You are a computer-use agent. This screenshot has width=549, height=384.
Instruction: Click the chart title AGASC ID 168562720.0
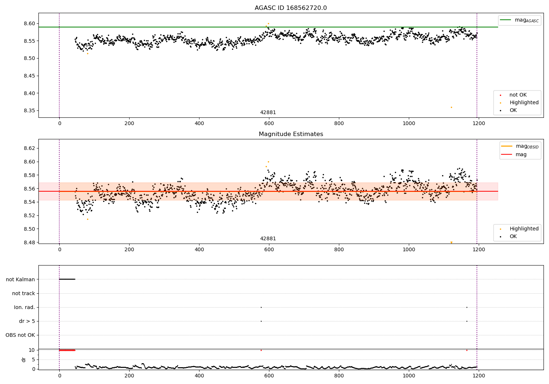(x=291, y=8)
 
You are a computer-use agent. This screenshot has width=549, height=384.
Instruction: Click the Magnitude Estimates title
(x=291, y=134)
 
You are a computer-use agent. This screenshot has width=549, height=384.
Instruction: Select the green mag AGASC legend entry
(x=520, y=20)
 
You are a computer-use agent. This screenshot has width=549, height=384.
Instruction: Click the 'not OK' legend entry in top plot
(x=518, y=95)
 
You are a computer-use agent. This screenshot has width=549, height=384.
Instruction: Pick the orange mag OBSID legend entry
(x=520, y=146)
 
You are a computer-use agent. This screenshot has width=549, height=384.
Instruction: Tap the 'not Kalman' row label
(x=20, y=279)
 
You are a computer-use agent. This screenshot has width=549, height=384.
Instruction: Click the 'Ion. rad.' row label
(x=25, y=307)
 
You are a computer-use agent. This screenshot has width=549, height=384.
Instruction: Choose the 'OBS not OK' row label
(x=20, y=335)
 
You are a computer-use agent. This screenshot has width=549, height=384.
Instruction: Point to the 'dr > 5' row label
(x=27, y=321)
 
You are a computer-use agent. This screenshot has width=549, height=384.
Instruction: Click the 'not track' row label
(x=23, y=293)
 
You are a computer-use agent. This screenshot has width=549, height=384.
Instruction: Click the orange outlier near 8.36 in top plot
(x=451, y=107)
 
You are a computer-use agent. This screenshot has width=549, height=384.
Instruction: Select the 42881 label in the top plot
(x=268, y=113)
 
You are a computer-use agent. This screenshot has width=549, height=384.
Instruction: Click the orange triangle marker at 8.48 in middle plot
(x=451, y=242)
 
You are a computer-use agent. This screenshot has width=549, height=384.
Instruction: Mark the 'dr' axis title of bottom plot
(x=24, y=359)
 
